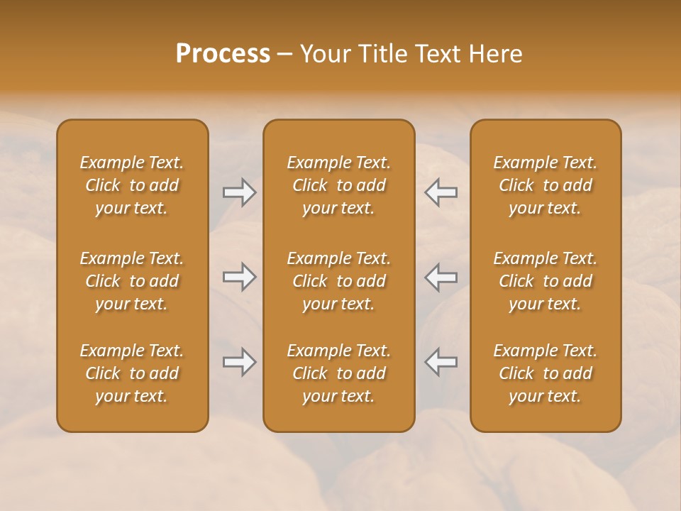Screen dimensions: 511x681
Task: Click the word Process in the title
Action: tap(223, 54)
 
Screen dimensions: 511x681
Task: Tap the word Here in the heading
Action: tap(495, 54)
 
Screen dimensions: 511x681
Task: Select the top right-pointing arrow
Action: tap(239, 192)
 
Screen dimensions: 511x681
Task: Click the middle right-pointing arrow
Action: tap(239, 277)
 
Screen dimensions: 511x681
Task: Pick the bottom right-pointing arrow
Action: tap(239, 362)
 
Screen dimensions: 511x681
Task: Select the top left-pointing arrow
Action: tap(441, 192)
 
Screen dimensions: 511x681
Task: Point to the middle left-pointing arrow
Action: tap(441, 277)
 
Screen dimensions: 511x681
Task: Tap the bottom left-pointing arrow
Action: tap(441, 362)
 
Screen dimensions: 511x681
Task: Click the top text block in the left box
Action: tap(132, 185)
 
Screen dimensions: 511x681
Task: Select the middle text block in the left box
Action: tap(132, 281)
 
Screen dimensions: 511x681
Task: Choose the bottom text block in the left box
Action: tap(132, 373)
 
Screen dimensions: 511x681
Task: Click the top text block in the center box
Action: tap(338, 185)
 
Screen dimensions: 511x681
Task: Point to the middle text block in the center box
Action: tap(338, 281)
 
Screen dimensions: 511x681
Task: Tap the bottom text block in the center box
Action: tap(338, 373)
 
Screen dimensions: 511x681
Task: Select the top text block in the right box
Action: tap(545, 185)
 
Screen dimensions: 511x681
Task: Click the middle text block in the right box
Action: tap(545, 281)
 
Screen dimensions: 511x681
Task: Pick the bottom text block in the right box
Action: tap(545, 373)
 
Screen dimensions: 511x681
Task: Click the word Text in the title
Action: tap(436, 54)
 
